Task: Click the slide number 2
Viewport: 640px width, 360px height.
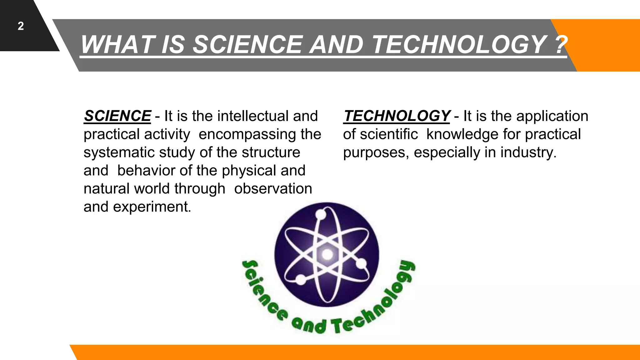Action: point(21,26)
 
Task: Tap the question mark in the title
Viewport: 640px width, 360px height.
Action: point(561,44)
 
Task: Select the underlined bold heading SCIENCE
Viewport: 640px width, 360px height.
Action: point(117,116)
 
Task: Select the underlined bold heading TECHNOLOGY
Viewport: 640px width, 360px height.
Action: point(397,116)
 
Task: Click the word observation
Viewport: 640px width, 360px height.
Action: point(273,189)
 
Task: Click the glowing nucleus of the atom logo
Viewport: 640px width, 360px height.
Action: point(327,254)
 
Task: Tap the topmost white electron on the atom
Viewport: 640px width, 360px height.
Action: point(321,214)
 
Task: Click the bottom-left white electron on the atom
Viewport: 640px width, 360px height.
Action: point(301,279)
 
